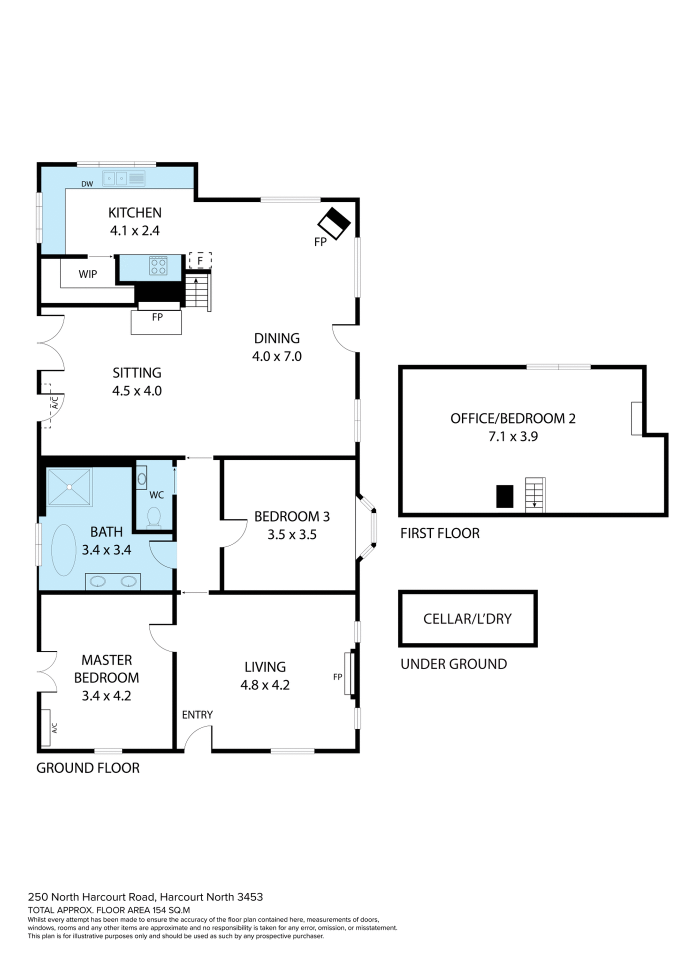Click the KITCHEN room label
tap(135, 212)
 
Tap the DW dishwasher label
tap(87, 184)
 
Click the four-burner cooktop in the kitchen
tap(158, 266)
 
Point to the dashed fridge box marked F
tap(200, 260)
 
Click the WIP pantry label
tap(88, 274)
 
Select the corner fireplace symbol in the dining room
tap(334, 223)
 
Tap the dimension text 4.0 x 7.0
tap(277, 356)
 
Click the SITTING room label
tap(137, 373)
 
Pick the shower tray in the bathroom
tap(69, 486)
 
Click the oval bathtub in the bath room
tap(63, 550)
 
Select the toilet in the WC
tap(154, 517)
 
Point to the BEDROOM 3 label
tap(292, 516)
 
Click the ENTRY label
tap(197, 715)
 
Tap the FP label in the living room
tap(337, 677)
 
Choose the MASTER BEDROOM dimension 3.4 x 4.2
tap(106, 696)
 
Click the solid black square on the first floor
tap(504, 496)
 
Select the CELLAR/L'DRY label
tap(467, 619)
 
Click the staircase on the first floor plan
tap(534, 495)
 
